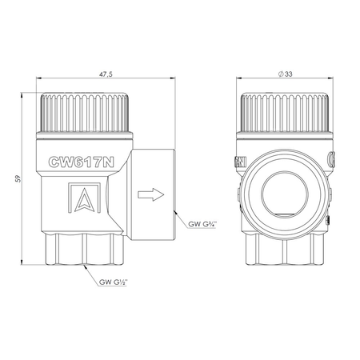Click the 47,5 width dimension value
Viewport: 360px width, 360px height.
106,74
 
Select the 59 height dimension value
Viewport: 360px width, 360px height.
18,178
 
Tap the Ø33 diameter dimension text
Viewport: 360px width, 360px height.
285,74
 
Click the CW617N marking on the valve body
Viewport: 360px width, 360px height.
82,162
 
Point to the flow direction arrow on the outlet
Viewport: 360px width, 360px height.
150,194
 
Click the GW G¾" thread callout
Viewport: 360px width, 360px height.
202,224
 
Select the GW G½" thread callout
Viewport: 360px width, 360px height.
114,282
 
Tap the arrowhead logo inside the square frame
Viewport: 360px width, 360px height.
85,200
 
